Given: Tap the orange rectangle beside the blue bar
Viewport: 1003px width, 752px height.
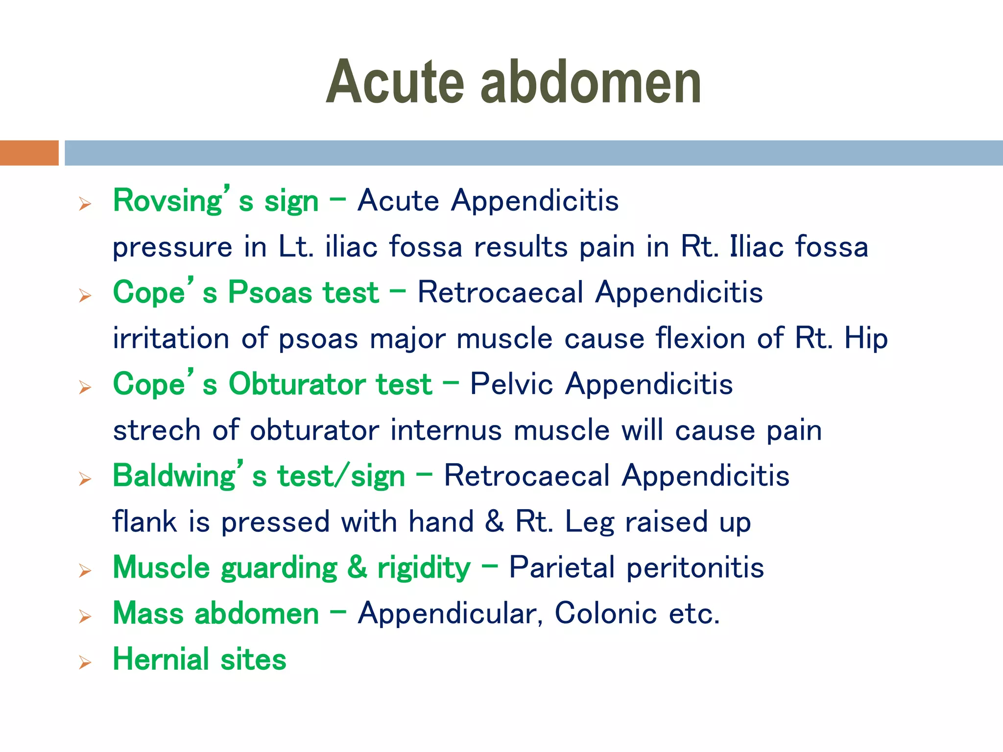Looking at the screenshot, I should pos(29,153).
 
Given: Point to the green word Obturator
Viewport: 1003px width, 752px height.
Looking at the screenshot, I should pos(330,384).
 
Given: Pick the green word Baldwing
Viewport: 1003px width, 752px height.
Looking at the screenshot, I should pos(174,476).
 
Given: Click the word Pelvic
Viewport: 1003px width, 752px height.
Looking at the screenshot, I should pos(511,384).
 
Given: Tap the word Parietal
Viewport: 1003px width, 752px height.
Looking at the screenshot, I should pos(562,568).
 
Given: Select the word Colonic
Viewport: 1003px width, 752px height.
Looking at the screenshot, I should pos(605,613).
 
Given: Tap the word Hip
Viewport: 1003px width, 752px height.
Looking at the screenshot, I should pos(866,339).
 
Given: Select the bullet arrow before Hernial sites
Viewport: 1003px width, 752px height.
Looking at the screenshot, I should pos(85,663).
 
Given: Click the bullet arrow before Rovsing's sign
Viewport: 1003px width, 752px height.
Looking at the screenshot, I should pos(85,204).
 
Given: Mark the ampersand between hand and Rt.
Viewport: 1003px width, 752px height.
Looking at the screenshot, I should pos(494,522).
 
